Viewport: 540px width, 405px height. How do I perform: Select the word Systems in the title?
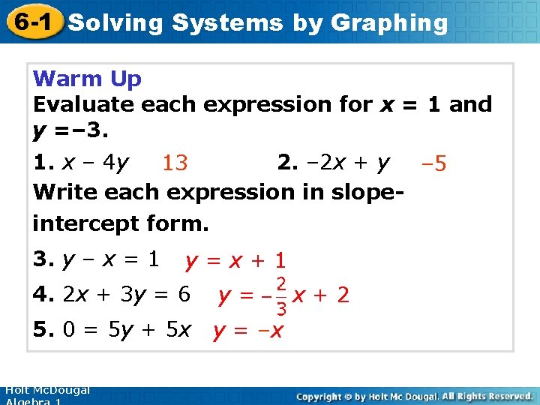[x=227, y=22]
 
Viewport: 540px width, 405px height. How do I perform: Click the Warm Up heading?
[x=87, y=78]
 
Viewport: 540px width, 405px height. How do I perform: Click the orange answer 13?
[x=175, y=163]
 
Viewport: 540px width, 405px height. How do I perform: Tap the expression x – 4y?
[x=95, y=162]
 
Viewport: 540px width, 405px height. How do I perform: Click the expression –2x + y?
[x=346, y=162]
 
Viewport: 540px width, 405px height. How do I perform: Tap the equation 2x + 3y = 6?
[x=127, y=295]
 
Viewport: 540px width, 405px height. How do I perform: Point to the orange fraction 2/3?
[x=280, y=296]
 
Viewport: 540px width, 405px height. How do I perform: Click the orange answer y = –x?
[x=248, y=331]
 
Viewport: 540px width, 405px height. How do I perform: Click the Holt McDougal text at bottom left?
[x=46, y=390]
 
